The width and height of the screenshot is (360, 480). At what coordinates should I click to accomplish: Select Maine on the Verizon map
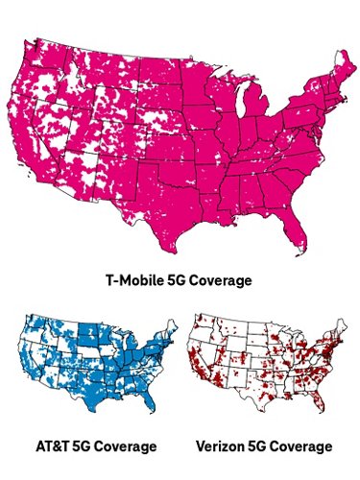click(x=347, y=332)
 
